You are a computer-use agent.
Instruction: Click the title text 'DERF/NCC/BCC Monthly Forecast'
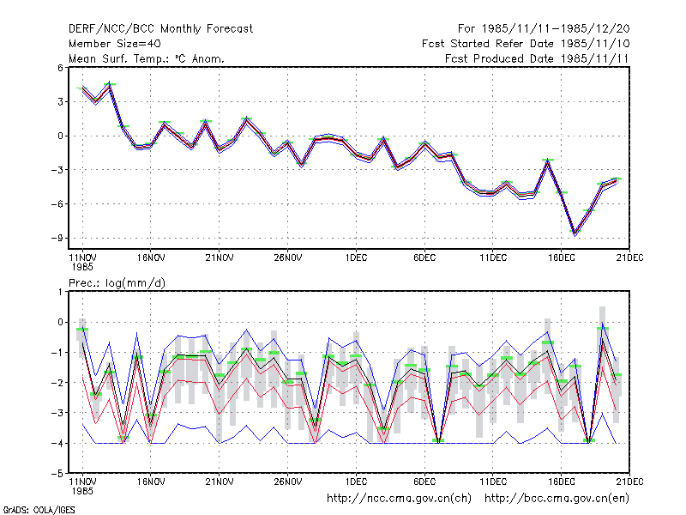[160, 29]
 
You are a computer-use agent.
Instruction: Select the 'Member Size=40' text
[115, 44]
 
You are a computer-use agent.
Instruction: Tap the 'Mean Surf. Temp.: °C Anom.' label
[146, 58]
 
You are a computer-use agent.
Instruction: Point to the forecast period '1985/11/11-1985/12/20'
[556, 29]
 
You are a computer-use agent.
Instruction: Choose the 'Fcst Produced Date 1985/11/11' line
[537, 58]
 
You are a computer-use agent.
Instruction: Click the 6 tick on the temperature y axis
[60, 68]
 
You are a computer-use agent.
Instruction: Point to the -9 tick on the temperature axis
[57, 239]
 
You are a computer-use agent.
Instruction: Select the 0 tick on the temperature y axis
[60, 136]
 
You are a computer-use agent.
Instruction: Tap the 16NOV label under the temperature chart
[151, 257]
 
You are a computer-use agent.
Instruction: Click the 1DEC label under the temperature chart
[356, 257]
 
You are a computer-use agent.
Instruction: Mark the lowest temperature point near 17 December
[575, 233]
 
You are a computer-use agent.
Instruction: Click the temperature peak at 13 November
[110, 84]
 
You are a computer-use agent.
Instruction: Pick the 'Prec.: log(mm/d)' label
[117, 283]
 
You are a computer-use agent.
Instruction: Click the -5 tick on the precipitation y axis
[57, 474]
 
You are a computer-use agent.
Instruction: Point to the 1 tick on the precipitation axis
[60, 292]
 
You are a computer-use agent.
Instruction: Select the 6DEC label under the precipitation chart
[424, 482]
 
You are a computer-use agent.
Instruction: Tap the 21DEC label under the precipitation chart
[629, 482]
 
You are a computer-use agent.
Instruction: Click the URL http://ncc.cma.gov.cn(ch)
[399, 499]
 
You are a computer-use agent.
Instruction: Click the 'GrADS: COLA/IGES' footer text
[39, 510]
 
